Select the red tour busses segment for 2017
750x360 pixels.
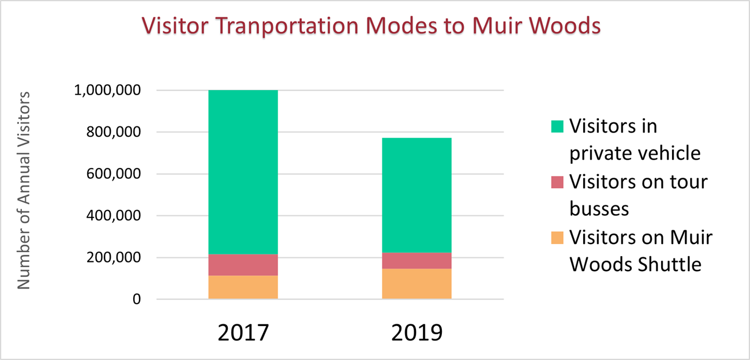[243, 265]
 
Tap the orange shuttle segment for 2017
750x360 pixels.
[243, 287]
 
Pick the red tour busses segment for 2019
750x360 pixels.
[417, 260]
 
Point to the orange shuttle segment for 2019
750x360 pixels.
[417, 284]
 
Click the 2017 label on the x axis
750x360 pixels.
[243, 333]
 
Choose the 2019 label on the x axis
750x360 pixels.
[417, 333]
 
